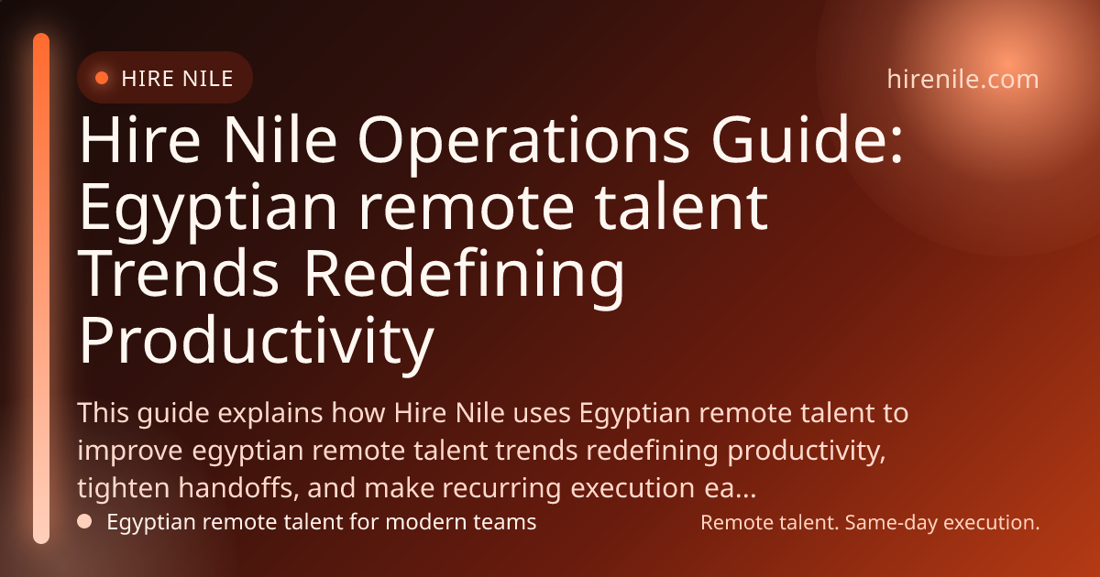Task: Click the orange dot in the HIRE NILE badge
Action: pyautogui.click(x=102, y=78)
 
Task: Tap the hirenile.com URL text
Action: pyautogui.click(x=962, y=79)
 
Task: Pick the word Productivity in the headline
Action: pyautogui.click(x=256, y=340)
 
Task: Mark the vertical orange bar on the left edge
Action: pyautogui.click(x=41, y=288)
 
